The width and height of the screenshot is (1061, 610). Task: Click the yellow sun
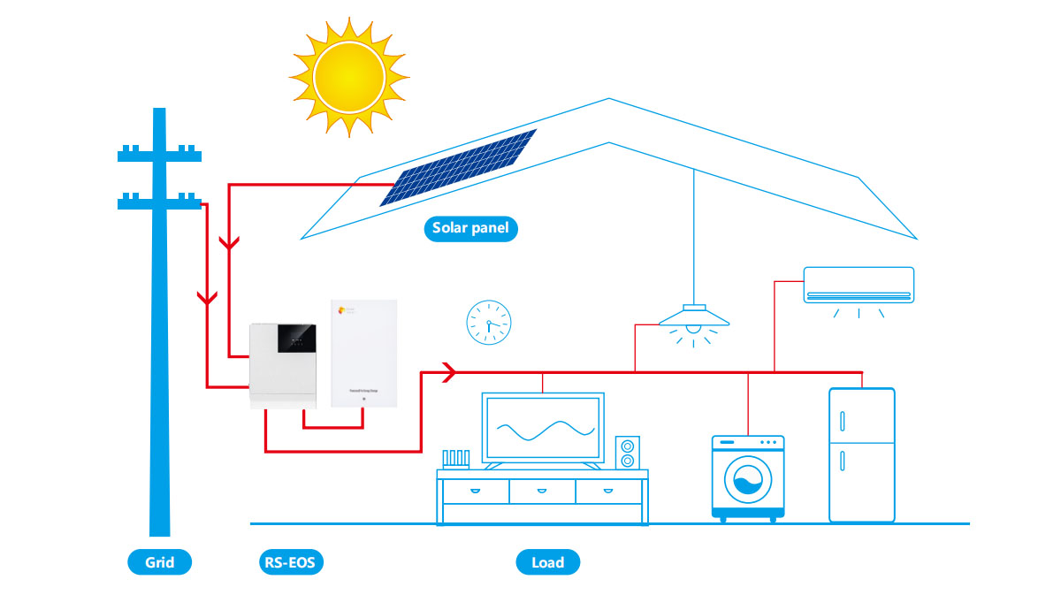(x=348, y=77)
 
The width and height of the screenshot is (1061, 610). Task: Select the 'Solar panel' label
(x=470, y=229)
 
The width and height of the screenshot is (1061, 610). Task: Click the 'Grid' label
(x=160, y=562)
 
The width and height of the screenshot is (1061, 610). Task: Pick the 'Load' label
(x=548, y=562)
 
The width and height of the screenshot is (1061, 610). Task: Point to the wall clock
(x=489, y=322)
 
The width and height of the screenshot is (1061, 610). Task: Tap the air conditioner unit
(x=858, y=285)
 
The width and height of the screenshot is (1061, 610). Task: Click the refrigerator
(x=861, y=454)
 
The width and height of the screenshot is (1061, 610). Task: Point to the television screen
(x=543, y=429)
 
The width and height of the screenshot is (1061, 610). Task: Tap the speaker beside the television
(x=628, y=452)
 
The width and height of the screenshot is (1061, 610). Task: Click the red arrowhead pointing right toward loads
(x=447, y=371)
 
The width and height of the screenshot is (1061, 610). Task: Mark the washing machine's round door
(x=748, y=481)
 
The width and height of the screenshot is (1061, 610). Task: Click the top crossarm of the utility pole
(x=160, y=155)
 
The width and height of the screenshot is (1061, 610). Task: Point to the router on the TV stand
(x=456, y=459)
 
